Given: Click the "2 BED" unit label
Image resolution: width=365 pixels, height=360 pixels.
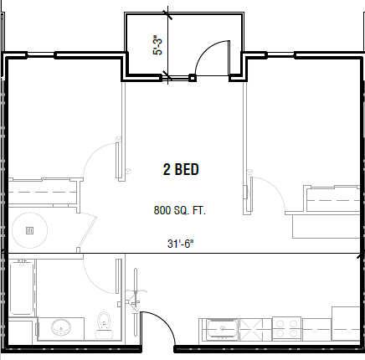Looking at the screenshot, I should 180,170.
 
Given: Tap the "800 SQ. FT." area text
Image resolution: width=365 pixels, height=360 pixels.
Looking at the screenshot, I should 180,210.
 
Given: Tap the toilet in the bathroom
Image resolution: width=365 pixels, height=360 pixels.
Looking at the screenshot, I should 105,321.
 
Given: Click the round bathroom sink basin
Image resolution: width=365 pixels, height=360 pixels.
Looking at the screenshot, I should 59,327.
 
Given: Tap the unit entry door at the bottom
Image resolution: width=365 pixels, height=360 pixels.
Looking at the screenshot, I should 156,327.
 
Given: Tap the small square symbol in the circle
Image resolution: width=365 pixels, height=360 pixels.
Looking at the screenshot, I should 29,229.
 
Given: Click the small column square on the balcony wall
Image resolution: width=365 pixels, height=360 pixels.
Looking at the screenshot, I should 193,78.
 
